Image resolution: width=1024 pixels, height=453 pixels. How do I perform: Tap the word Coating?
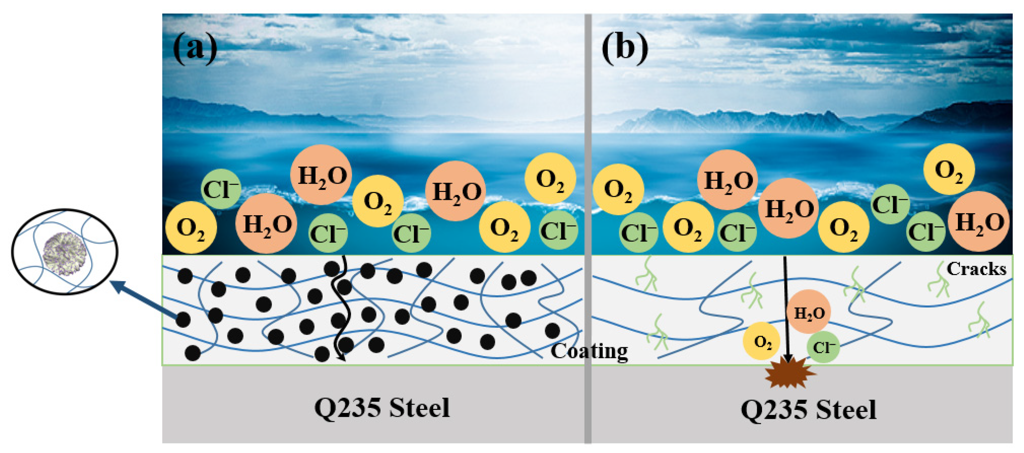589,351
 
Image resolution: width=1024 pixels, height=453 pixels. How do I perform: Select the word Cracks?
976,269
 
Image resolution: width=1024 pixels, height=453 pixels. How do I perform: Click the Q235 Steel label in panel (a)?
382,407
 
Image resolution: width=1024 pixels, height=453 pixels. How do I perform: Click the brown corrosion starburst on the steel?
789,372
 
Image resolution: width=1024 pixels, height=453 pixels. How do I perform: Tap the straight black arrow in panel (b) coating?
786,310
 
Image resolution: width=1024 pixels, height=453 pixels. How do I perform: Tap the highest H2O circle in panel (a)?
321,175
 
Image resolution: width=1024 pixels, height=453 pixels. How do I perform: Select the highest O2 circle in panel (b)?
949,169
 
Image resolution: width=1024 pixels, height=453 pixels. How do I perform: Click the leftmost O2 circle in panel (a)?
191,228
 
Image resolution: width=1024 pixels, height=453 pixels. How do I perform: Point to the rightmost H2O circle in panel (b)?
979,221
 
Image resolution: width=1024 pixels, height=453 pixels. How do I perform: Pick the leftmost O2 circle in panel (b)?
618,190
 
